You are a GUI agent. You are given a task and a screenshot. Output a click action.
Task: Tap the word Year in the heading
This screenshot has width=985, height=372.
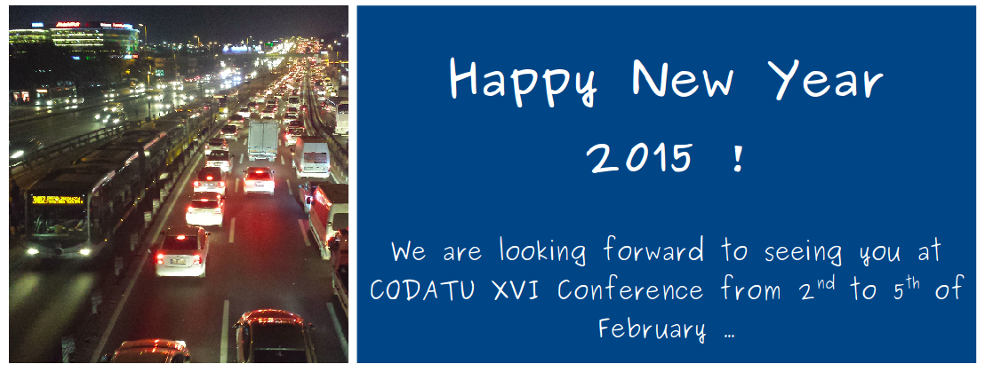pos(826,80)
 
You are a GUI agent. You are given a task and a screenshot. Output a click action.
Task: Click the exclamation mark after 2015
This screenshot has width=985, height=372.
pos(738,157)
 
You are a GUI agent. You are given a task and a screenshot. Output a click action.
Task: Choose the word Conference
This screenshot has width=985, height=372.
pos(630,290)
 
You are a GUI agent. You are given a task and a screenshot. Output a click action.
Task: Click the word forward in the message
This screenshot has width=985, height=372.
pos(654,251)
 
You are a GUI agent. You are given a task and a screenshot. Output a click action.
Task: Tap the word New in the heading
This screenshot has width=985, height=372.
pos(683,80)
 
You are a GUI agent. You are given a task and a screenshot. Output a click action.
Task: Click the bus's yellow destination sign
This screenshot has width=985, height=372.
pos(58,200)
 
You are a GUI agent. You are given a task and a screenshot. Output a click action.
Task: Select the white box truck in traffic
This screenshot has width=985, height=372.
pos(263,140)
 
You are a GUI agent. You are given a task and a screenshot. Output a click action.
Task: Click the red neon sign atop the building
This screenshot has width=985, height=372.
pos(68,25)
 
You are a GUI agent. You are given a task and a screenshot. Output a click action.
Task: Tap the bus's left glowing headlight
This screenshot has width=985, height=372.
pos(33,251)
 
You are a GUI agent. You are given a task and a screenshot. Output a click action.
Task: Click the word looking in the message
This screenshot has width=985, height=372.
pos(543,252)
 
